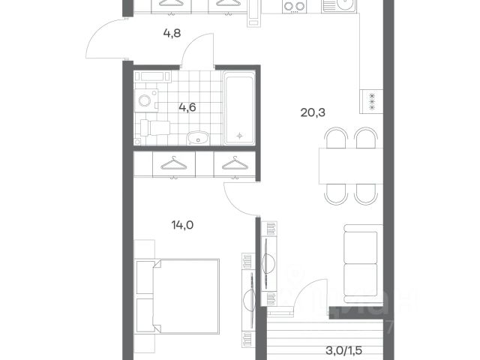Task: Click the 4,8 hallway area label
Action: point(172,33)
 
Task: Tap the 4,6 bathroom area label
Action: point(187,107)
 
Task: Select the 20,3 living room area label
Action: point(313,113)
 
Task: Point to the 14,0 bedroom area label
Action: point(182,225)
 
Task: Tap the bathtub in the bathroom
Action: point(239,107)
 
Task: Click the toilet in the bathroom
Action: point(155,128)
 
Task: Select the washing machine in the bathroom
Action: point(146,100)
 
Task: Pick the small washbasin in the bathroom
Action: point(198,138)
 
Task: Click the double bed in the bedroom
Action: point(178,296)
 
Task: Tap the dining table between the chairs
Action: point(351,166)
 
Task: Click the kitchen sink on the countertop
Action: point(340,6)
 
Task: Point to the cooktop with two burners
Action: point(295,6)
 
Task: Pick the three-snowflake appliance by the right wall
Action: point(372,101)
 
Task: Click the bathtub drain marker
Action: point(240,135)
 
